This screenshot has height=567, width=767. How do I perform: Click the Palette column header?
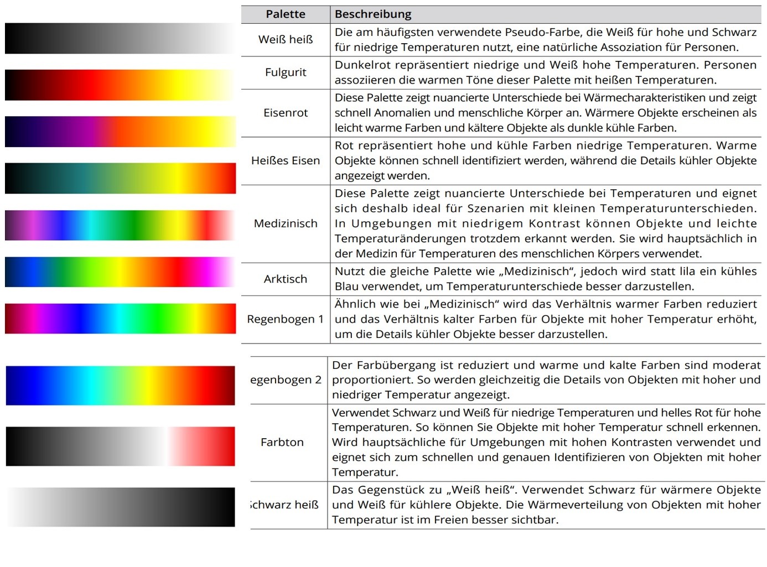pyautogui.click(x=285, y=14)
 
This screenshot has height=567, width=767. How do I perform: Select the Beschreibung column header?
pyautogui.click(x=373, y=14)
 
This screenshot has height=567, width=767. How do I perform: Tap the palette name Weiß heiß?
pyautogui.click(x=285, y=39)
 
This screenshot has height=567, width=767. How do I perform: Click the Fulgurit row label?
pyautogui.click(x=285, y=72)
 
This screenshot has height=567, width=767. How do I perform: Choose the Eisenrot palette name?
pyautogui.click(x=285, y=112)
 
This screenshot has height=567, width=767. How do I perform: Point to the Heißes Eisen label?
pyautogui.click(x=285, y=160)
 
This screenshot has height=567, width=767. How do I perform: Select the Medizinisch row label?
pyautogui.click(x=285, y=223)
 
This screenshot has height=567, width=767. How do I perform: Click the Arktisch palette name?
pyautogui.click(x=285, y=279)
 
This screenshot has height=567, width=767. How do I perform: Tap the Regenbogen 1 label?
pyautogui.click(x=285, y=319)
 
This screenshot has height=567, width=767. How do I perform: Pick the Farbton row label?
pyautogui.click(x=282, y=442)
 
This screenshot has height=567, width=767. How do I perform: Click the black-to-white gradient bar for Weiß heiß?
pyautogui.click(x=120, y=38)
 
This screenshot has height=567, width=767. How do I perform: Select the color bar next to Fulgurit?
pyautogui.click(x=120, y=85)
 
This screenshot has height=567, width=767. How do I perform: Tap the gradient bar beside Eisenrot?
pyautogui.click(x=120, y=131)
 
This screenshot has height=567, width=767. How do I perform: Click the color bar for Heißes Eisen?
pyautogui.click(x=120, y=178)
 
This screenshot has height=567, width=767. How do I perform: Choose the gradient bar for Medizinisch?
pyautogui.click(x=120, y=225)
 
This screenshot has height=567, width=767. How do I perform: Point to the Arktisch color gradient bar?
pyautogui.click(x=120, y=272)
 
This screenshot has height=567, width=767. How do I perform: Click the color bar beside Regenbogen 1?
pyautogui.click(x=120, y=318)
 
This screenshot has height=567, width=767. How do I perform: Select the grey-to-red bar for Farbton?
pyautogui.click(x=120, y=446)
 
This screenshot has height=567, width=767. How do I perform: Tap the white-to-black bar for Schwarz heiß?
pyautogui.click(x=120, y=507)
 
